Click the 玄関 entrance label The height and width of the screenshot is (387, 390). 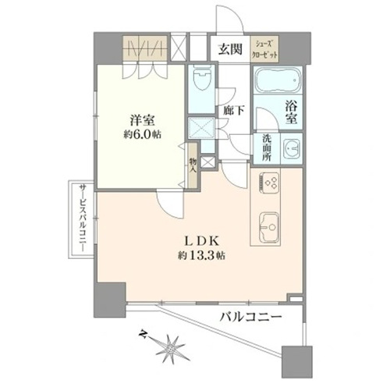[x=230, y=49]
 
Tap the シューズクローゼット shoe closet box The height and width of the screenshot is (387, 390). [x=264, y=48]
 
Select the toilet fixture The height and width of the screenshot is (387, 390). [x=201, y=77]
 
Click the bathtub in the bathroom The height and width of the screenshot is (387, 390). [x=277, y=80]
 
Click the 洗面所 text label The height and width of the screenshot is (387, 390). [x=267, y=148]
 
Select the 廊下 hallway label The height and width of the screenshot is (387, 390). [x=233, y=111]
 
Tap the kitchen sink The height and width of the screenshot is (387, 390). [x=269, y=227]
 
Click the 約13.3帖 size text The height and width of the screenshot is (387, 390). [x=201, y=256]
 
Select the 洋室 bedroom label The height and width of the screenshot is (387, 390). [x=142, y=121]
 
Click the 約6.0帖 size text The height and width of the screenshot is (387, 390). [x=142, y=135]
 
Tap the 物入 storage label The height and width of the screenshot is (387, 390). [x=193, y=165]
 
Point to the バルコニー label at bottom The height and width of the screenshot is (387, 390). [x=251, y=317]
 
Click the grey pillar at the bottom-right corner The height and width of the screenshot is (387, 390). [x=297, y=362]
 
